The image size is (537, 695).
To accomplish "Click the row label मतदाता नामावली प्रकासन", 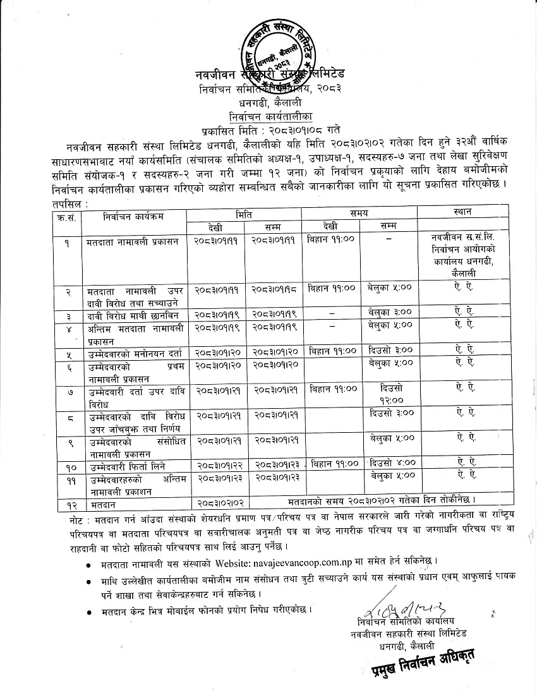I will (x=133, y=241).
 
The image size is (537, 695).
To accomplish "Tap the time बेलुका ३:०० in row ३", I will (x=389, y=313).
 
